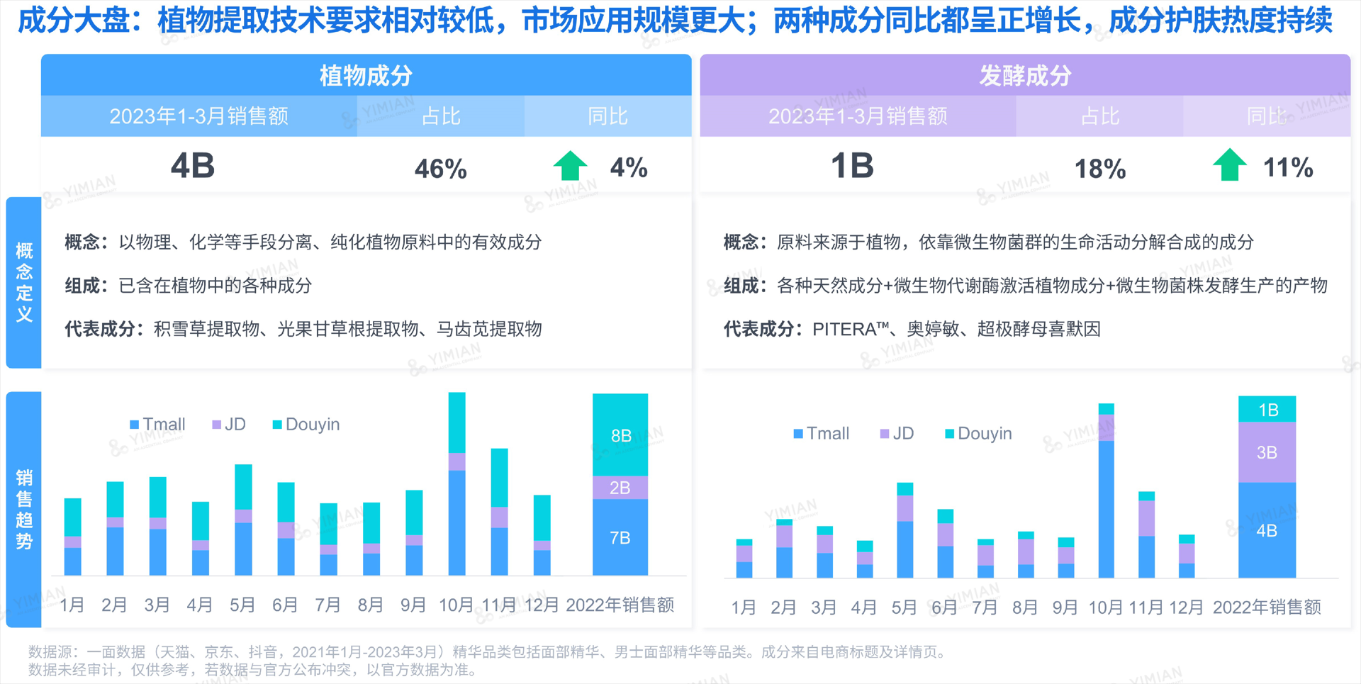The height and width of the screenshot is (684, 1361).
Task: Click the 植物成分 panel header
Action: click(366, 75)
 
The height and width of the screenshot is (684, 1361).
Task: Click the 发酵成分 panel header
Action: click(1025, 75)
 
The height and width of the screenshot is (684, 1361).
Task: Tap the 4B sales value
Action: click(193, 167)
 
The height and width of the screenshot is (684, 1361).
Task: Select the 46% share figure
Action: click(440, 169)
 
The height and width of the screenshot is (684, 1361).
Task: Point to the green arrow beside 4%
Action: click(570, 166)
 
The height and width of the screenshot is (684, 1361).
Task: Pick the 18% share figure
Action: click(1099, 169)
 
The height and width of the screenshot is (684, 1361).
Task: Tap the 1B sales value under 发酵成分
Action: click(852, 167)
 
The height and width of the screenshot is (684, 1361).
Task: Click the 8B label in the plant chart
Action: click(621, 435)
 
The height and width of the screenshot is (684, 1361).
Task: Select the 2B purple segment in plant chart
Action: click(620, 488)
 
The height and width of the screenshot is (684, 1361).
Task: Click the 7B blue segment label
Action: click(620, 538)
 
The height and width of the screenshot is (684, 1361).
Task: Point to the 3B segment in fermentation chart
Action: click(1267, 452)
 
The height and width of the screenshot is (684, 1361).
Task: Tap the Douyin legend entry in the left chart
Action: click(306, 424)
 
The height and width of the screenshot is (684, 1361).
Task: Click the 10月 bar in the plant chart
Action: click(457, 489)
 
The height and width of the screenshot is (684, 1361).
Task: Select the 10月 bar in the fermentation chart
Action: click(1106, 496)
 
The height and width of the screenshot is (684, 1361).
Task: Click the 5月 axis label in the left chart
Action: click(242, 605)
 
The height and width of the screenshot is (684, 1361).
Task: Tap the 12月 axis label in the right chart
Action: click(1186, 607)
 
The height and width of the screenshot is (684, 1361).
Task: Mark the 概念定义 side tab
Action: click(24, 282)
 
